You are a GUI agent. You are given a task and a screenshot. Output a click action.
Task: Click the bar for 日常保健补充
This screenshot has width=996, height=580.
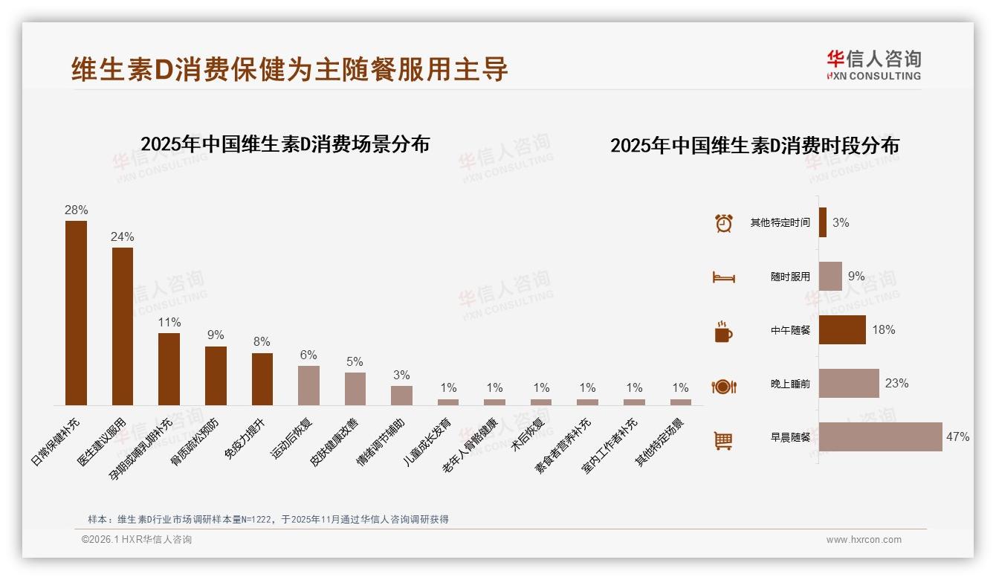coord(76,312)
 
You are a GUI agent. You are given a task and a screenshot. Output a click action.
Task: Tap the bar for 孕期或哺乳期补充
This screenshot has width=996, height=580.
coord(169,369)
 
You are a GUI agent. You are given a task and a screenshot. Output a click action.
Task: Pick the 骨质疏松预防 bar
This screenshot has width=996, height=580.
coord(216,376)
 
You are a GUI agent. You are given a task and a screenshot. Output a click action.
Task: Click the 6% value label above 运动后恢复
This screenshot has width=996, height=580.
coord(308,355)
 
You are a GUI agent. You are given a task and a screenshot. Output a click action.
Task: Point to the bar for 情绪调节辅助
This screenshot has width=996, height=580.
coord(401,395)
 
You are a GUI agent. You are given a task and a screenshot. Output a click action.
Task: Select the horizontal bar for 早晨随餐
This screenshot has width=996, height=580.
coord(880,436)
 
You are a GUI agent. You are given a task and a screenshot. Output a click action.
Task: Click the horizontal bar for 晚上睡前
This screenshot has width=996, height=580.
coord(849,383)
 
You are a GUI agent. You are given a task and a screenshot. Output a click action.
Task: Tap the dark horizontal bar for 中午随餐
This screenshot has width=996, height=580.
coord(842,329)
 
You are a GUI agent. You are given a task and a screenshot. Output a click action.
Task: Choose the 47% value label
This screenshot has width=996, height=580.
coord(957,436)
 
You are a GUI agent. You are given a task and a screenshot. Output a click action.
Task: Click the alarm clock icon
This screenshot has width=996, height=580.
coord(723,223)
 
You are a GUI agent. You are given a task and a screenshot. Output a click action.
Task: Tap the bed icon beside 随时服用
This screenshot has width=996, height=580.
coord(723,277)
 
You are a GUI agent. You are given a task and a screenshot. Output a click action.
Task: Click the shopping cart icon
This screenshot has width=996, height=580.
coord(723,441)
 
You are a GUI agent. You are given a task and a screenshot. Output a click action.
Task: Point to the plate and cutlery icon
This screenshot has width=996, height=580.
coord(723,387)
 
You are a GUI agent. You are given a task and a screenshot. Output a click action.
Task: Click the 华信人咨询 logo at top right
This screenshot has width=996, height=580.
coord(873,65)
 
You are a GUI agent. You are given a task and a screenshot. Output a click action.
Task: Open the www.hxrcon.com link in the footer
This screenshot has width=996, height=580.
coord(863,540)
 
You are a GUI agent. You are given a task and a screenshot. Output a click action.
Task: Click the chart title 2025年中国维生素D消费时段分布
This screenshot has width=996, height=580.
coord(754,145)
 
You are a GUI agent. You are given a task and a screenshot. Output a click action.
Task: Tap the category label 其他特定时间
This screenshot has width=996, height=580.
coord(780,222)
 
